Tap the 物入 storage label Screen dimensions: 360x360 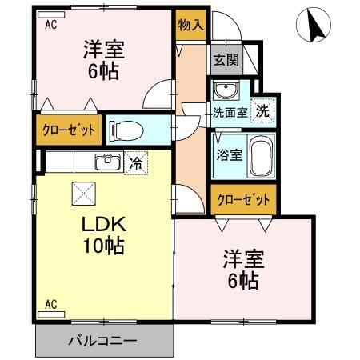click(190, 24)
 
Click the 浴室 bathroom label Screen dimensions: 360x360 click(230, 154)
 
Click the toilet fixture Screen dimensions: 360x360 click(126, 130)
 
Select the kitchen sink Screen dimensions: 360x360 click(106, 162)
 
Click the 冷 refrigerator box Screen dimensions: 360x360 click(137, 163)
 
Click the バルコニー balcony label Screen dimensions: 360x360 click(102, 340)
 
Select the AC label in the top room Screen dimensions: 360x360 click(50, 24)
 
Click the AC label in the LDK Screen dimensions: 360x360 click(50, 303)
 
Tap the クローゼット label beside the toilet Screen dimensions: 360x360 click(69, 130)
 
